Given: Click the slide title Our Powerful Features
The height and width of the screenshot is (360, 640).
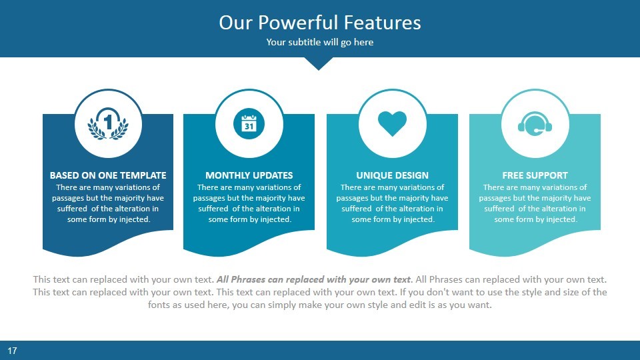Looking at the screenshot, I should (x=320, y=23).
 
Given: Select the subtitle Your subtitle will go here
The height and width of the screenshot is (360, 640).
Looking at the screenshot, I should (x=320, y=43).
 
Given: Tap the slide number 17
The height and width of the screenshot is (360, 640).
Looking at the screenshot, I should (x=11, y=350).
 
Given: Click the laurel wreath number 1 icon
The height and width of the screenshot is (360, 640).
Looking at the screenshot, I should (x=108, y=123).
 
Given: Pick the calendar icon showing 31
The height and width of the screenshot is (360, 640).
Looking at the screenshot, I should (x=249, y=123).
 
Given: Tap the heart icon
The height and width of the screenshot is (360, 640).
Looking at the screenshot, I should (x=392, y=123).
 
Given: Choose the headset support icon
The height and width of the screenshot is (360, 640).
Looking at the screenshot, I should (x=535, y=124).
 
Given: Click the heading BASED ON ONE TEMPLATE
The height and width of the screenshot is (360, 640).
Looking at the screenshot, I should (x=108, y=175).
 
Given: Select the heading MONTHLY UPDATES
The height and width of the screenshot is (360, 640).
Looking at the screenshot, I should (x=249, y=175).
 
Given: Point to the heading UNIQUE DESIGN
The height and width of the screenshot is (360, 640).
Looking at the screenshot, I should (x=392, y=175).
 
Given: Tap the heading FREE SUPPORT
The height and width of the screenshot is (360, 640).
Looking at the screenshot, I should (x=535, y=175).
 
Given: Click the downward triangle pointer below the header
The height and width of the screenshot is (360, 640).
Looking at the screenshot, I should (x=319, y=63).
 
